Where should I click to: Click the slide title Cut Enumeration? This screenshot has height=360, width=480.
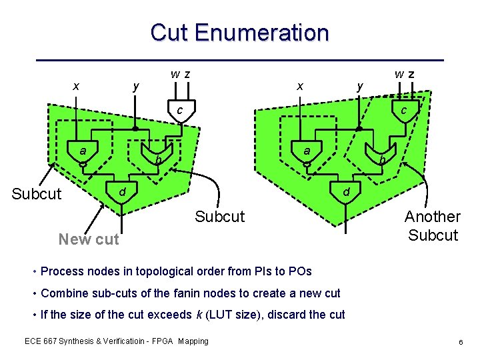[239, 32]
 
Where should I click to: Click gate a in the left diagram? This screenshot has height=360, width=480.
[83, 153]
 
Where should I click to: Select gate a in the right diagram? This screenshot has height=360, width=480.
[307, 153]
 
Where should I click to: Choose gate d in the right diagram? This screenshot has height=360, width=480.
[346, 193]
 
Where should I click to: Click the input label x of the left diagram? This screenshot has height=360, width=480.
[76, 86]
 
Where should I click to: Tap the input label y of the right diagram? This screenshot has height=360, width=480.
[360, 86]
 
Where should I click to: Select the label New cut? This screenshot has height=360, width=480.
[89, 239]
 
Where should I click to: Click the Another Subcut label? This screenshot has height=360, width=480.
[433, 225]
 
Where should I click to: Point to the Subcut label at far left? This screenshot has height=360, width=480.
[37, 194]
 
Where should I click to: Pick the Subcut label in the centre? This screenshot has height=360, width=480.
[219, 217]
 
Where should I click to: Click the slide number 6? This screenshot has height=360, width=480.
[461, 341]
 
